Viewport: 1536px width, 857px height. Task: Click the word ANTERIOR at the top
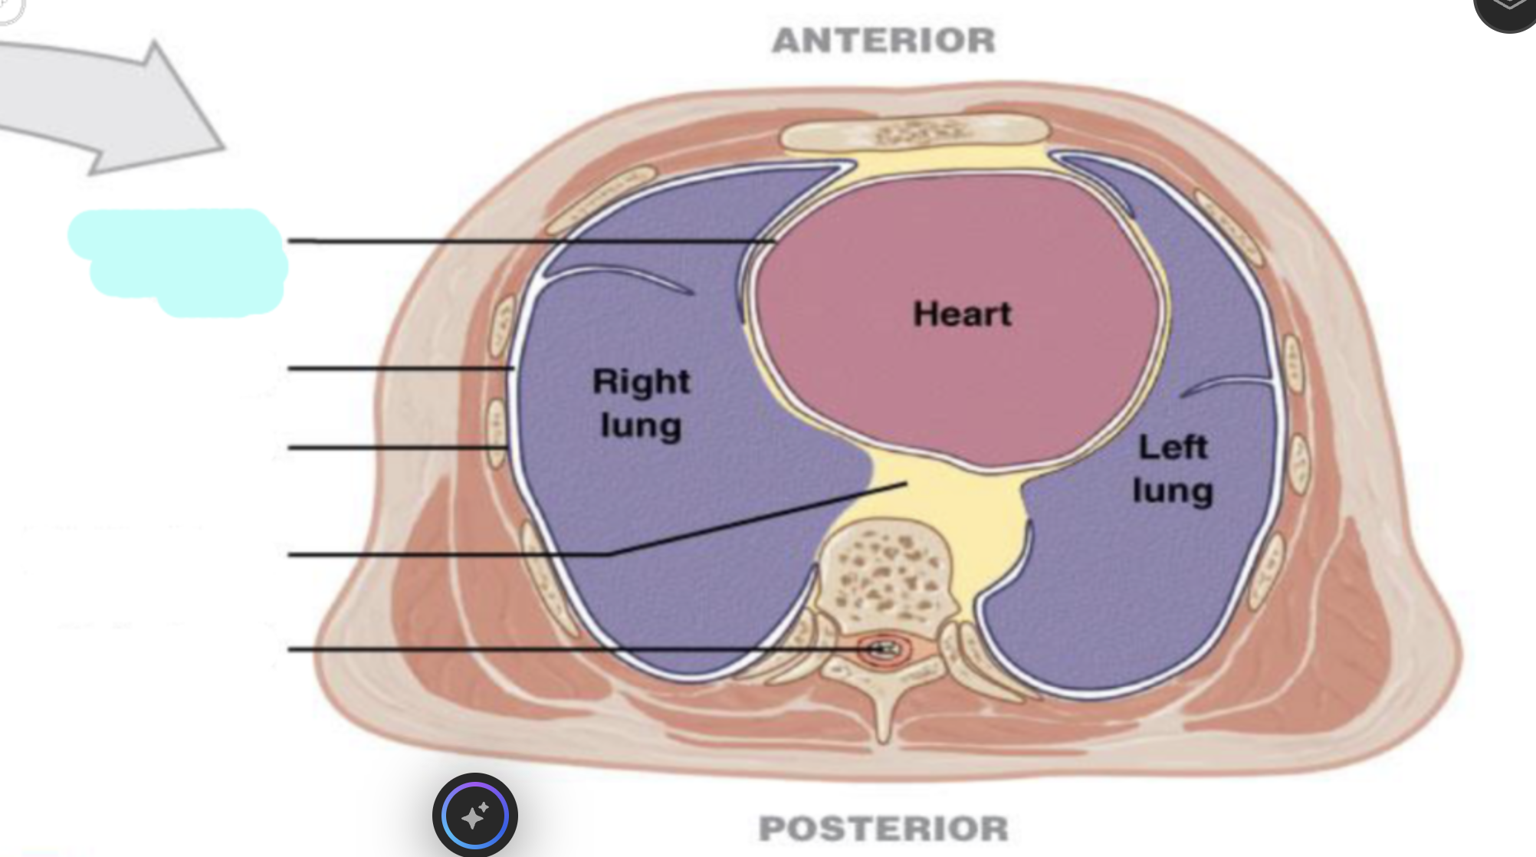pos(884,41)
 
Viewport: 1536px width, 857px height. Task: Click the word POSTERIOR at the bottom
pos(884,829)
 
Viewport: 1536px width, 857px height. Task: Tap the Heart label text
pos(963,314)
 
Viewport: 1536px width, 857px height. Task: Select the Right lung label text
pos(642,404)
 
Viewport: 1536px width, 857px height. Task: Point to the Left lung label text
pos(1173,469)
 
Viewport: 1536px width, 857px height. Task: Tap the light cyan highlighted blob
pos(178,262)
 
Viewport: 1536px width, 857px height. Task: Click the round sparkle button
pos(475,815)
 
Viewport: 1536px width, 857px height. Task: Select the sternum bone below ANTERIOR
pos(914,133)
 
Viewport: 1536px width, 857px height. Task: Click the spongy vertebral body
pos(887,566)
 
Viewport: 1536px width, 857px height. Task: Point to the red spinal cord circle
pos(884,650)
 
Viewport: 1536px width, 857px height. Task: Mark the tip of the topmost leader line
pos(774,241)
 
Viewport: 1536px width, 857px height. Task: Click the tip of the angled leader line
pos(907,484)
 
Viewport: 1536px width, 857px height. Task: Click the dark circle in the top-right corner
pos(1507,11)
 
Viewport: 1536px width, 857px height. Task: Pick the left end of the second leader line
pos(289,369)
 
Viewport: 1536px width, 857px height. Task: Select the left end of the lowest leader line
pos(289,649)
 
